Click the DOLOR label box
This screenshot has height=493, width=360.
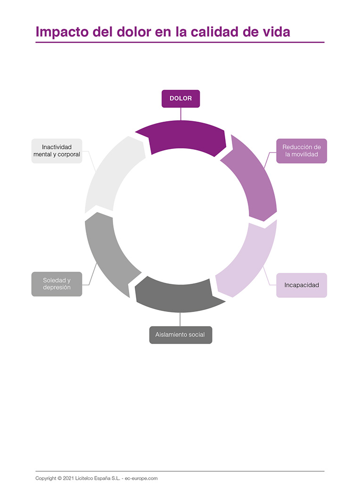tap(180, 99)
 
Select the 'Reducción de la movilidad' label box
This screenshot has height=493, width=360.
tap(301, 151)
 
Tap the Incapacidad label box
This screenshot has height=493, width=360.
tap(301, 285)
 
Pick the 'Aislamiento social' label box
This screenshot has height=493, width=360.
tap(180, 335)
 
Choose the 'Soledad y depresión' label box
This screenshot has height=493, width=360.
tap(57, 284)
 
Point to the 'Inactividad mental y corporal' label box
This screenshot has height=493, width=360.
tap(57, 151)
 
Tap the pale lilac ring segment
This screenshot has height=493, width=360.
tap(250, 259)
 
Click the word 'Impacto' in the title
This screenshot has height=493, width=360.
tap(59, 32)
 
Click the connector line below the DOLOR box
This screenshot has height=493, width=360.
tap(180, 114)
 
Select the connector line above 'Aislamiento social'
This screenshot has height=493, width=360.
tap(180, 319)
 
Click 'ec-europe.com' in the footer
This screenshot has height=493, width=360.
tap(141, 478)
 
